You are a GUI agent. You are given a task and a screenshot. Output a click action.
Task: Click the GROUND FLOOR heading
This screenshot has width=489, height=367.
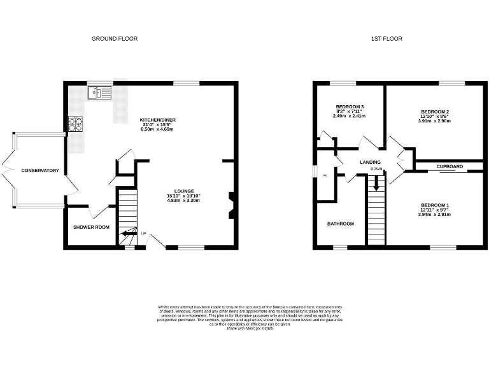pyautogui.click(x=115, y=39)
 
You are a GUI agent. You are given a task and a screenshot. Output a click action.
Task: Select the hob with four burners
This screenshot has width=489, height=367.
pyautogui.click(x=76, y=124)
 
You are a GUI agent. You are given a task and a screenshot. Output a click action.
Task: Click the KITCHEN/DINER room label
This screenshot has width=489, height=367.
pyautogui.click(x=157, y=120)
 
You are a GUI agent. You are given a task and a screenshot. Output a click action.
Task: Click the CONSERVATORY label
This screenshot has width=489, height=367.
pyautogui.click(x=40, y=171)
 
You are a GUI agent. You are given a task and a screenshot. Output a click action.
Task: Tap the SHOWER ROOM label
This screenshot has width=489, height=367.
pyautogui.click(x=91, y=227)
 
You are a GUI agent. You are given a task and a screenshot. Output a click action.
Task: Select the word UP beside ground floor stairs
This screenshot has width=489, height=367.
pyautogui.click(x=143, y=234)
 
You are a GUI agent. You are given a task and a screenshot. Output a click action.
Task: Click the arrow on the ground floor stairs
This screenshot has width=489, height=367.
pyautogui.click(x=129, y=234)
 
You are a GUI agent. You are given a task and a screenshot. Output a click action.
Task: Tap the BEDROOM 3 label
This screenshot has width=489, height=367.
pyautogui.click(x=350, y=106)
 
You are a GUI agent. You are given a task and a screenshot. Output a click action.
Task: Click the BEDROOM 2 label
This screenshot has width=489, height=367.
pyautogui.click(x=435, y=112)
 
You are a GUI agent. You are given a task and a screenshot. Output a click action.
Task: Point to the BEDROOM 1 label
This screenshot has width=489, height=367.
pyautogui.click(x=434, y=205)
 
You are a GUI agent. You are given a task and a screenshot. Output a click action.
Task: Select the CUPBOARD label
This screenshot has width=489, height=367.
pyautogui.click(x=449, y=167)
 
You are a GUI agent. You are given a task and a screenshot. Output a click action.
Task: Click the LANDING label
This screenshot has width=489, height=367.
pyautogui.click(x=370, y=162)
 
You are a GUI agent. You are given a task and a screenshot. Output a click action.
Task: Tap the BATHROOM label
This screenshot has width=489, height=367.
pyautogui.click(x=340, y=224)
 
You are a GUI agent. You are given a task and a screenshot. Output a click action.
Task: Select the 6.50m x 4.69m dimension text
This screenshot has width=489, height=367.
pyautogui.click(x=157, y=129)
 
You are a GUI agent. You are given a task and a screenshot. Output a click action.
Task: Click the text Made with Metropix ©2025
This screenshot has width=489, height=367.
pyautogui.click(x=244, y=328)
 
